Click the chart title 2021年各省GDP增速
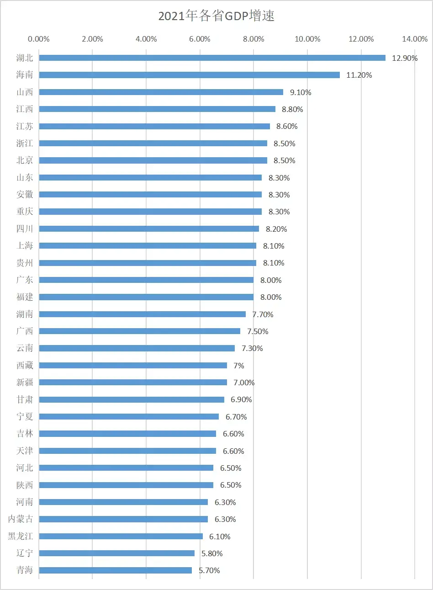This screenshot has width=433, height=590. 216,16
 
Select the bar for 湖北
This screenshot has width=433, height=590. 212,58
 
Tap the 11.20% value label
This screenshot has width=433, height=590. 359,75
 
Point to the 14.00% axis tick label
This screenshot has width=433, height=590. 415,39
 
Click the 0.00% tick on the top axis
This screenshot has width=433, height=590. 39,39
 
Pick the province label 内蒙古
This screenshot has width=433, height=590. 21,519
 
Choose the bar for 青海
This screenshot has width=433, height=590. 115,570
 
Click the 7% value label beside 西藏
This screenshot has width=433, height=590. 239,366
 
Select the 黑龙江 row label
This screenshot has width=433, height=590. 21,536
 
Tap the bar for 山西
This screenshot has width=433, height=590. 161,92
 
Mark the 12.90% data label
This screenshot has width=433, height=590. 405,58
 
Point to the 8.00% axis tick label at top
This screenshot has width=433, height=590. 253,39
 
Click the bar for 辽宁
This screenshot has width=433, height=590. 117,553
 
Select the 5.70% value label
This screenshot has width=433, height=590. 209,570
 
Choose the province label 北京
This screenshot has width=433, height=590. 25,160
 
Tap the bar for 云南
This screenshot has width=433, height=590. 137,348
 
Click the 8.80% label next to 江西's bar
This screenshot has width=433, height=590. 292,109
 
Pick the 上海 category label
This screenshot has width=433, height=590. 25,245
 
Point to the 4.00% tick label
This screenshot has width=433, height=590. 146,39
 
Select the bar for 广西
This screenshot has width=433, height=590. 139,331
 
